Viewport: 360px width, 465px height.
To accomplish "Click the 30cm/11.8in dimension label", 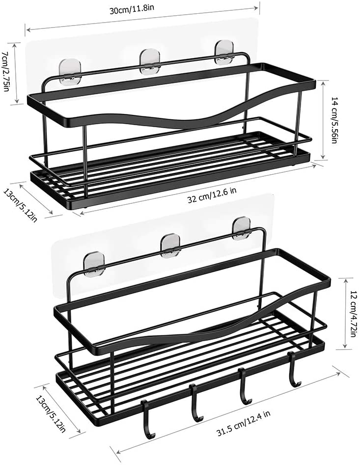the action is coord(132,9).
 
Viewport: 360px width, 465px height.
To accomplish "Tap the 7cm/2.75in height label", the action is coord(6,71).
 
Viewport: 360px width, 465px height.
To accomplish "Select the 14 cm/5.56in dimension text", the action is coord(334,120).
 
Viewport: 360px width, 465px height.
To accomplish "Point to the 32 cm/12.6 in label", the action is coord(212,195).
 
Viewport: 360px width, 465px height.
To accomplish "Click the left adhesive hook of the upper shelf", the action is coord(69,71).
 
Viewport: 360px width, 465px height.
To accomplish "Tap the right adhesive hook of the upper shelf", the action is coord(224,53).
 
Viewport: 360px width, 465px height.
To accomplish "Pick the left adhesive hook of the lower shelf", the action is coord(94,262).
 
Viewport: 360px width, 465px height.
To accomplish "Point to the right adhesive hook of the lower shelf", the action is coord(242,229).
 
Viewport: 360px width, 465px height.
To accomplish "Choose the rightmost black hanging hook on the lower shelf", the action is coord(294,370).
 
